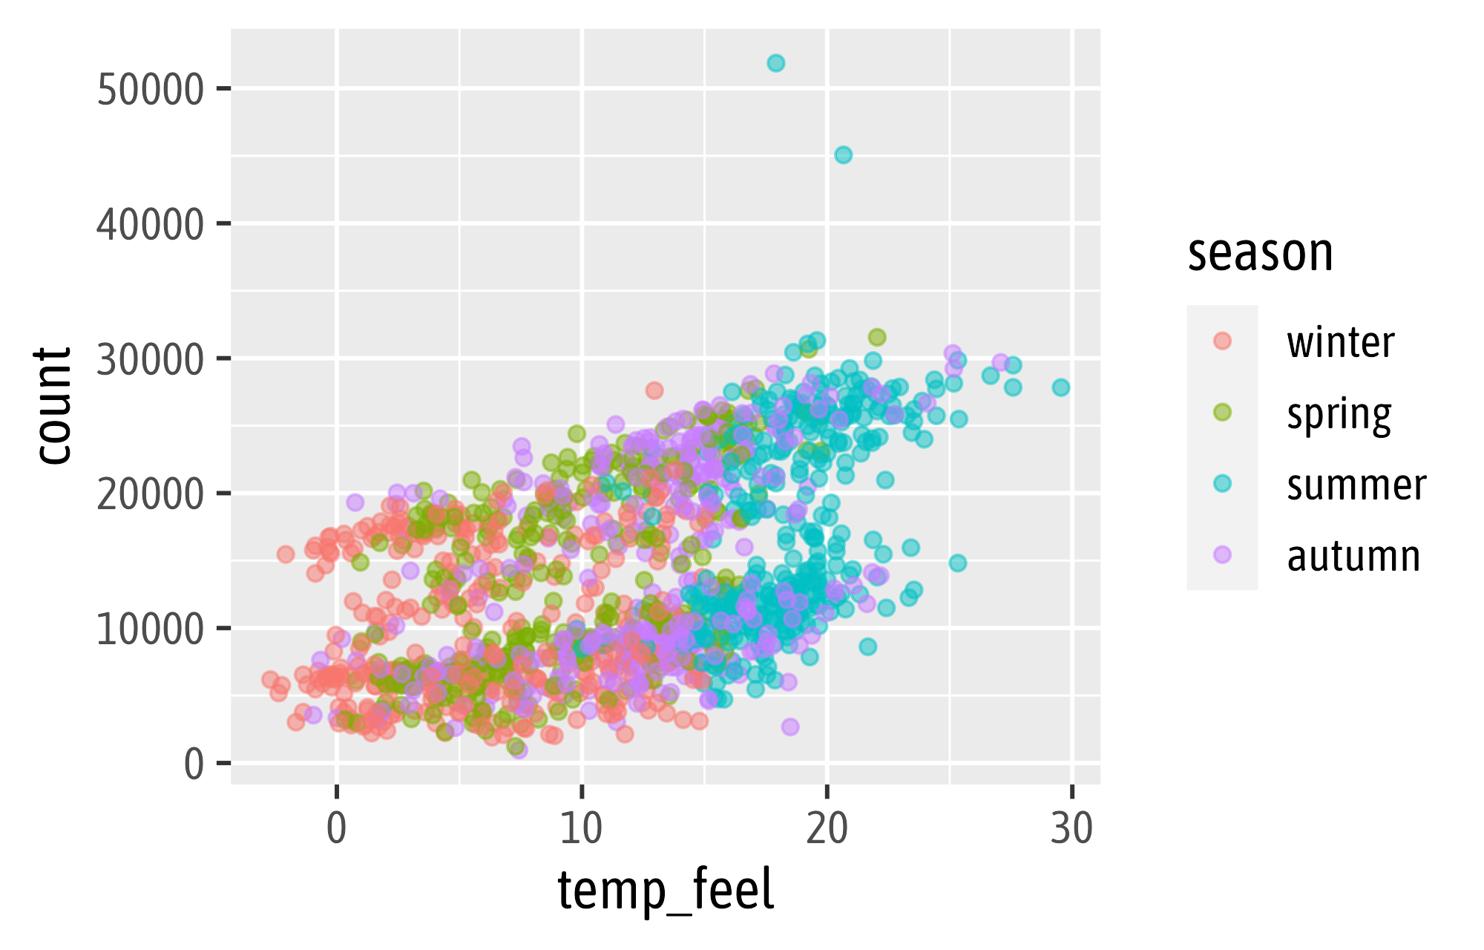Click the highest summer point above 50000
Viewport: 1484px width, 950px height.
coord(775,63)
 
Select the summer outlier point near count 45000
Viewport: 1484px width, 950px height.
coord(843,155)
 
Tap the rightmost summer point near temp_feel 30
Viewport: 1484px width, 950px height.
coord(1061,387)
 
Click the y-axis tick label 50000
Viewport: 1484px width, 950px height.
coord(150,90)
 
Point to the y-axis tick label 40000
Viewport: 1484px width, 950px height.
coord(150,224)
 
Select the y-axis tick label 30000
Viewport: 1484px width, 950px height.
coord(150,359)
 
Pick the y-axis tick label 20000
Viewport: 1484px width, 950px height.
coord(150,494)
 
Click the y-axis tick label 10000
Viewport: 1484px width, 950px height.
coord(150,629)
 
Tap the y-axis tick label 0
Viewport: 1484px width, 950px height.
coord(194,764)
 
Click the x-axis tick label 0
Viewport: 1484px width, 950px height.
coord(337,829)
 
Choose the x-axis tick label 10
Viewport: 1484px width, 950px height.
coord(581,829)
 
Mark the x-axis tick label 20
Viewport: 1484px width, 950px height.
coord(827,829)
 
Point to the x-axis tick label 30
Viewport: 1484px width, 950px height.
coord(1071,829)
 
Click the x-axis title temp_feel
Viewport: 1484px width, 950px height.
coord(666,890)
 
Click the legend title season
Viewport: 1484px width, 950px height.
coord(1260,253)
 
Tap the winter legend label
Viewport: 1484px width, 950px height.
coord(1341,342)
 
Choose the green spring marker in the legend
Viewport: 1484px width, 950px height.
coord(1222,413)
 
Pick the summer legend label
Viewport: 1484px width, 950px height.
coord(1356,485)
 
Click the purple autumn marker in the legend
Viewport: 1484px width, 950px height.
coord(1222,554)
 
